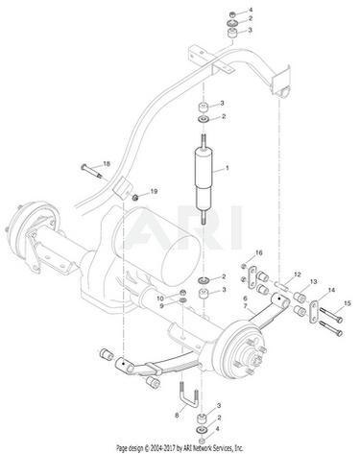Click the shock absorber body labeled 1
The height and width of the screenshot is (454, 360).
click(204, 179)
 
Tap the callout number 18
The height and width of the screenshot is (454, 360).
click(107, 164)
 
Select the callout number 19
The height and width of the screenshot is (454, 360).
click(154, 191)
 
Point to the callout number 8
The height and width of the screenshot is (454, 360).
click(177, 416)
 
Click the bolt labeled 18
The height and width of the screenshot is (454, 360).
click(91, 171)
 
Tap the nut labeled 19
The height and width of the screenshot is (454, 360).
click(135, 197)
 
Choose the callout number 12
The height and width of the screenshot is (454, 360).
click(298, 275)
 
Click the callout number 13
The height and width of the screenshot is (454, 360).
click(313, 281)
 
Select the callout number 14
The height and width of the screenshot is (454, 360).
click(331, 290)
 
